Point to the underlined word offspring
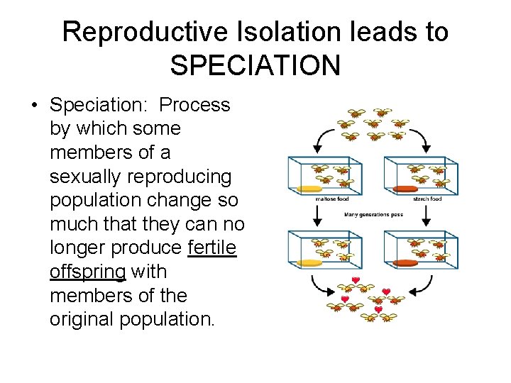(87, 272)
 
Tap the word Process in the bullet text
(194, 105)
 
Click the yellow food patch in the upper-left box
(309, 189)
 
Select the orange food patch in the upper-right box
(405, 189)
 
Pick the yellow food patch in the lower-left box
(309, 262)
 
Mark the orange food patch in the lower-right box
(405, 262)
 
